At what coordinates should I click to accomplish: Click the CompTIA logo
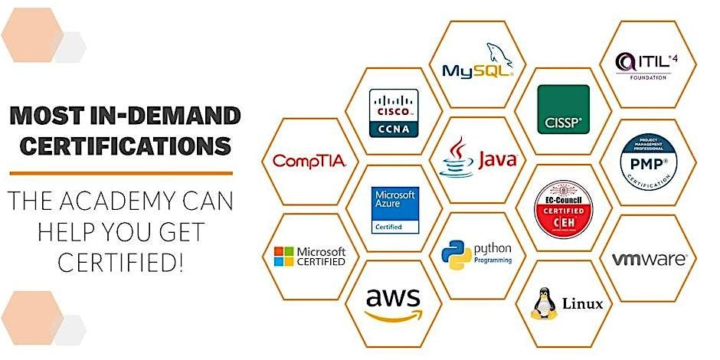[x=309, y=161]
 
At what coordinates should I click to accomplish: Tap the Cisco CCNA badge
[x=393, y=113]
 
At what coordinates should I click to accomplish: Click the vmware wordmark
[x=650, y=260]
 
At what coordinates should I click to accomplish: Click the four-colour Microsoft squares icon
[x=283, y=256]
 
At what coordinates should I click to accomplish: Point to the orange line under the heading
[x=120, y=173]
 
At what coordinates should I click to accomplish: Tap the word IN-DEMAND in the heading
[x=163, y=116]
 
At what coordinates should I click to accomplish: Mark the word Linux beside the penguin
[x=582, y=304]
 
